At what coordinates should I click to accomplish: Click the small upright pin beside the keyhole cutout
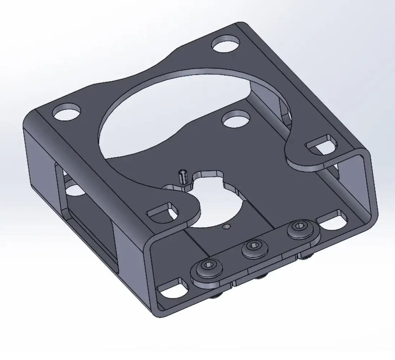click(x=183, y=177)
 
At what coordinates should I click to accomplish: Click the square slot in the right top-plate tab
click(x=323, y=144)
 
